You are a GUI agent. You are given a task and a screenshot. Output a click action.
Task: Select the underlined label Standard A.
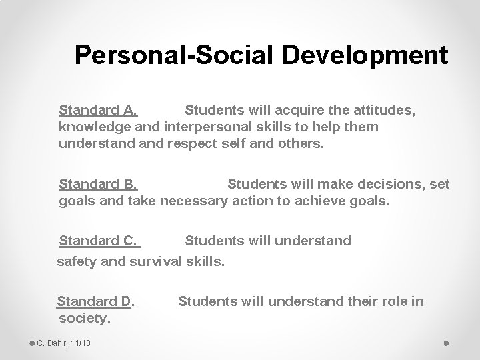98,109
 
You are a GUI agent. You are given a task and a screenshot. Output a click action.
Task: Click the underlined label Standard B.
98,184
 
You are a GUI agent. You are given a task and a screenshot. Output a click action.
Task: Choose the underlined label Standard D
95,301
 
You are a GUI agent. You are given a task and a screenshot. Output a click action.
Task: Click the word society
84,319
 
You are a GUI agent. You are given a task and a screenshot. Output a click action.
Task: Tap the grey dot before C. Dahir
31,343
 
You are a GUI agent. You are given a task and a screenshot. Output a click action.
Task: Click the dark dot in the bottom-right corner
445,343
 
